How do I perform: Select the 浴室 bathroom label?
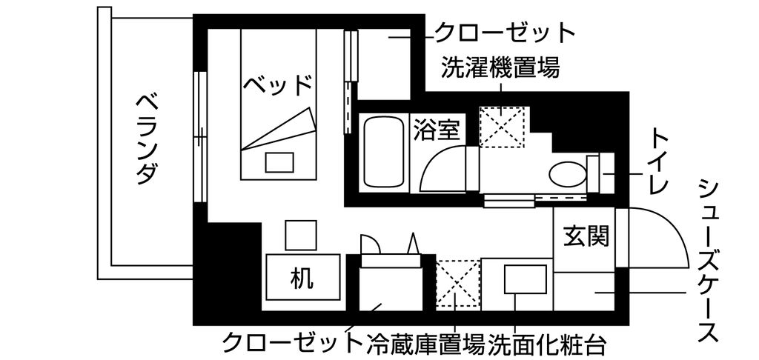click(439, 130)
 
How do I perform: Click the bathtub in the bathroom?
click(384, 153)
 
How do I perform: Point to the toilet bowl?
click(568, 173)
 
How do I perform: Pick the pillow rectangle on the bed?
click(279, 161)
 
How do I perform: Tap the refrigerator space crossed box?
click(457, 284)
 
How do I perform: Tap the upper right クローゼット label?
click(504, 32)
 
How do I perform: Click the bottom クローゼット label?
click(292, 343)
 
